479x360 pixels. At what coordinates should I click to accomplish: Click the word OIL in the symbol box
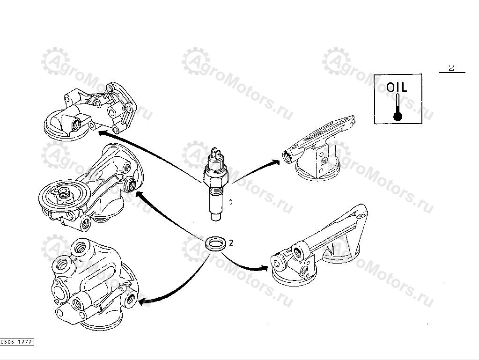click(x=397, y=87)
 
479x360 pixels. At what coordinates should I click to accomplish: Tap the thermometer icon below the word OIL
click(x=398, y=108)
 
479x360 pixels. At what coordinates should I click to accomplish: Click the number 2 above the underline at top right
click(x=451, y=68)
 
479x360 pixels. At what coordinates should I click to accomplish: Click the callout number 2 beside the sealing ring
click(x=230, y=242)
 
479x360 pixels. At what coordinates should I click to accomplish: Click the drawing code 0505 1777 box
click(x=17, y=342)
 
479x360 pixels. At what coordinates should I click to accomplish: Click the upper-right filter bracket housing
click(x=319, y=149)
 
